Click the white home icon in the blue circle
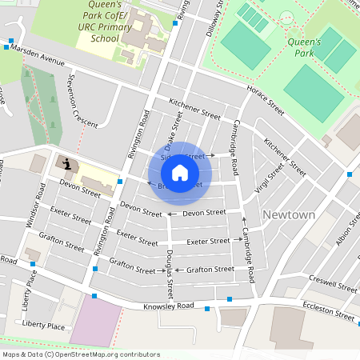(x=180, y=173)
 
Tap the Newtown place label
(x=289, y=215)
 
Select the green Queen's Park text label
(x=303, y=47)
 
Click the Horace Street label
(x=266, y=97)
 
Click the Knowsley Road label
(x=169, y=306)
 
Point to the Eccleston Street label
(x=328, y=311)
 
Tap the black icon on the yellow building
(x=67, y=164)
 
